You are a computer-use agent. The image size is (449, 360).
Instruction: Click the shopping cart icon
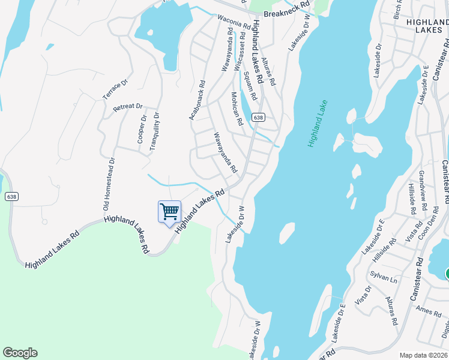169,211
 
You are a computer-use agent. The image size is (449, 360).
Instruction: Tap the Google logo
20,353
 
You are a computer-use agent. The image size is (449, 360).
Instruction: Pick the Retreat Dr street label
127,108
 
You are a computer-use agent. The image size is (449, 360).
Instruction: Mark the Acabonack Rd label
197,100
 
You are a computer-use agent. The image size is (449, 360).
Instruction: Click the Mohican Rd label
237,108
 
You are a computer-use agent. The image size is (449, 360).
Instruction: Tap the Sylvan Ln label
384,280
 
